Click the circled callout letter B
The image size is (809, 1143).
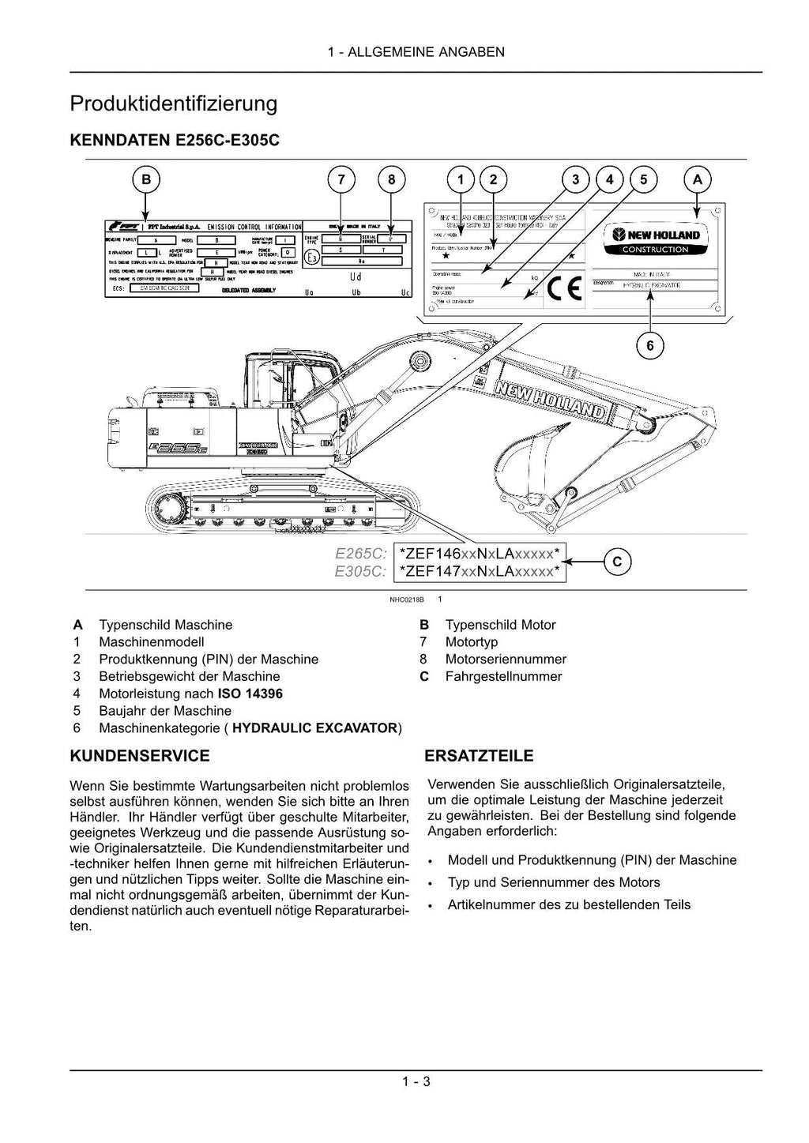pyautogui.click(x=146, y=180)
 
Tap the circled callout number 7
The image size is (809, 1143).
pyautogui.click(x=341, y=180)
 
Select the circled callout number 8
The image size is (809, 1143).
pyautogui.click(x=391, y=180)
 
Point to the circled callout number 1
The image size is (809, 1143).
pyautogui.click(x=461, y=180)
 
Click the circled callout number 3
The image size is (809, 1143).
pyautogui.click(x=575, y=180)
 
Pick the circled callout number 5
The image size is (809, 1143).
pyautogui.click(x=644, y=180)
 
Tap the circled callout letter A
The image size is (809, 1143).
pyautogui.click(x=697, y=180)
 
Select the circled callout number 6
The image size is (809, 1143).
pyautogui.click(x=650, y=345)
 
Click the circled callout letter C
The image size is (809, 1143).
pyautogui.click(x=617, y=562)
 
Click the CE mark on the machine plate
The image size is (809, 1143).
pyautogui.click(x=565, y=290)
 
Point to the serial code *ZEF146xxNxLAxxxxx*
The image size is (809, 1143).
pyautogui.click(x=480, y=553)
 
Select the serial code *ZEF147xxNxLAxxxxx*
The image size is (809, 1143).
pyautogui.click(x=480, y=571)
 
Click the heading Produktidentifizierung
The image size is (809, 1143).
pyautogui.click(x=174, y=103)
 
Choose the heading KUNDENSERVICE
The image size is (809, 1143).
pyautogui.click(x=141, y=756)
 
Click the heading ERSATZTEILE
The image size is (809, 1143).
pyautogui.click(x=479, y=756)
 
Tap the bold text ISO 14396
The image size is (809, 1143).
pyautogui.click(x=250, y=694)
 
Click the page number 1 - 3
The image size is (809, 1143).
pyautogui.click(x=416, y=1081)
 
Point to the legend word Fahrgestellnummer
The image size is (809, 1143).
pyautogui.click(x=503, y=676)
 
